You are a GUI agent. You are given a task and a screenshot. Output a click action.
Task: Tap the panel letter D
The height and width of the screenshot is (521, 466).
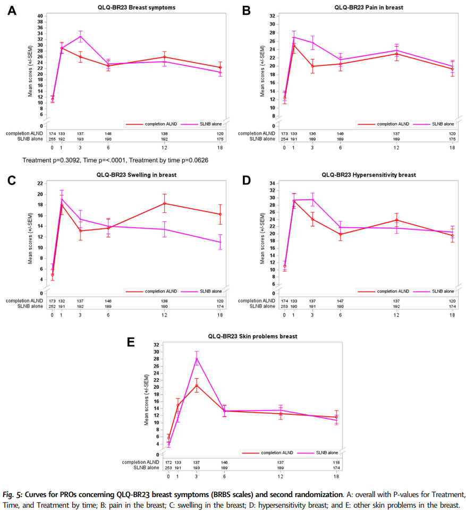[x=246, y=181]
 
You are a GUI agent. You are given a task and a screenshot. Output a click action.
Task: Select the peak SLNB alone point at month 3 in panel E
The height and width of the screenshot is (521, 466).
[x=197, y=358]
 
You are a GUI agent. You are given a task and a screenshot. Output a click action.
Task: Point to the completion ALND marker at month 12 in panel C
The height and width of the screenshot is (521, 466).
[x=165, y=203]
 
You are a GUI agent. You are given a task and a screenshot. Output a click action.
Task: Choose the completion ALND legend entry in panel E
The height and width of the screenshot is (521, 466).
[x=275, y=453]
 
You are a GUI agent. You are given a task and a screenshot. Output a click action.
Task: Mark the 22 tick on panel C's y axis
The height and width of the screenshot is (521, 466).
[x=40, y=183]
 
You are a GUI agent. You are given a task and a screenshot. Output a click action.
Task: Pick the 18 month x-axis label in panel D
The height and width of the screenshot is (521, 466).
[x=452, y=315]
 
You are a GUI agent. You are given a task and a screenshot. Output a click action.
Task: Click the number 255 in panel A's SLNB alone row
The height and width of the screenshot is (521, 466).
[x=52, y=139]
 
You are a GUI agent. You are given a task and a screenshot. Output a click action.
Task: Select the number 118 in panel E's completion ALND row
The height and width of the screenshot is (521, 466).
[x=336, y=463]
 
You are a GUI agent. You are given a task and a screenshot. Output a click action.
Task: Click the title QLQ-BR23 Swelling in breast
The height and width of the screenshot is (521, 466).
[x=136, y=174]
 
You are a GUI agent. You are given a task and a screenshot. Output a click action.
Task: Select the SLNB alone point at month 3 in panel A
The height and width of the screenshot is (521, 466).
[x=81, y=37]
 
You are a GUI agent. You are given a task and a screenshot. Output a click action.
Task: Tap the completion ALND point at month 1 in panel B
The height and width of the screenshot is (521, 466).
[x=294, y=46]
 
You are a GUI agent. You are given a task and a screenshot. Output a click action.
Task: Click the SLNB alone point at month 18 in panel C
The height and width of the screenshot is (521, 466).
[x=220, y=242]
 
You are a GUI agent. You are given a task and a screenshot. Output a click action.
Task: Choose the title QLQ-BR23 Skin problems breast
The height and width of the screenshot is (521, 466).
[x=253, y=337]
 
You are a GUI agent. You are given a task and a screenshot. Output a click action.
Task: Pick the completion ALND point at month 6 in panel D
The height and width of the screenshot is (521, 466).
[x=340, y=234]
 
